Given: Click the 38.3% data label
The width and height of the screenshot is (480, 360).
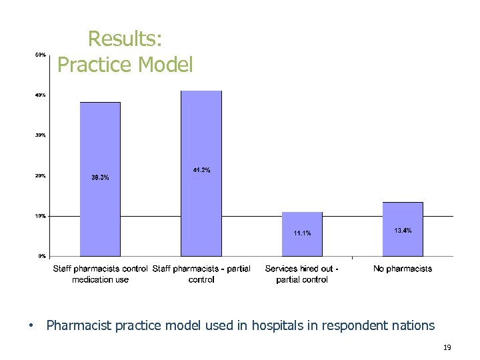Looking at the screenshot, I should (100, 177).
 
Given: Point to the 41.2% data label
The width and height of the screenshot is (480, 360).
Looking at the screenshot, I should (201, 171).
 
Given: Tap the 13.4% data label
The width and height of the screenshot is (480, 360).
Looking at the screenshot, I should (403, 231).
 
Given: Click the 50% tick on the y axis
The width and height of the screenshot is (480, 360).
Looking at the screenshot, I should (40, 55).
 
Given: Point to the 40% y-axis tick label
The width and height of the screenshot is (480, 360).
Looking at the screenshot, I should (40, 95).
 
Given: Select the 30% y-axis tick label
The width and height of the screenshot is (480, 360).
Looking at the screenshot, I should (40, 135).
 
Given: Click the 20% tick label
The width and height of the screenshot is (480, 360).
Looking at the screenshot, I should (40, 176).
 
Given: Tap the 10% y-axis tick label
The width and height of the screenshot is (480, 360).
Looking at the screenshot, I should (40, 216).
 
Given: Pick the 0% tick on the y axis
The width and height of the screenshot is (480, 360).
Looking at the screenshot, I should (41, 256).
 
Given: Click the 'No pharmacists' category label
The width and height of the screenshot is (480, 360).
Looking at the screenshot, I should (403, 269).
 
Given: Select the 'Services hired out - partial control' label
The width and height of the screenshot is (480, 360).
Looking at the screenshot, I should (302, 274).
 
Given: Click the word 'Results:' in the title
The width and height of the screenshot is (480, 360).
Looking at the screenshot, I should (125, 39).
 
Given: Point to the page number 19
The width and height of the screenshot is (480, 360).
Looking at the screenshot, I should (447, 347).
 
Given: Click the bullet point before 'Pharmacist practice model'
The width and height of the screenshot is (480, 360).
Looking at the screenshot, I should (30, 326).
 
